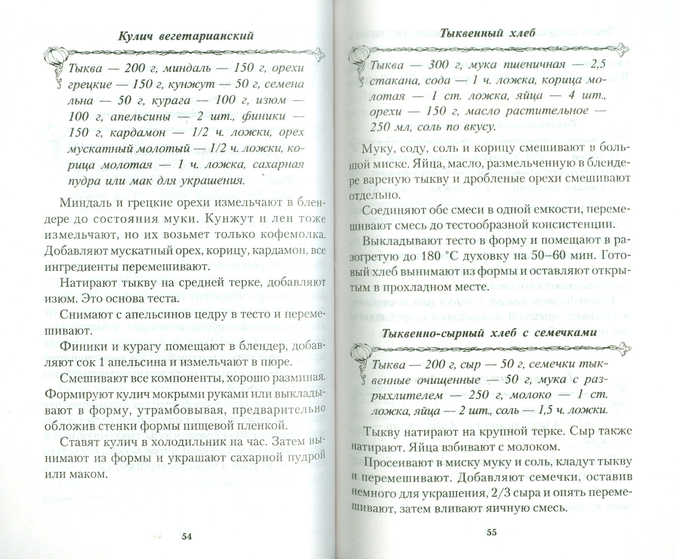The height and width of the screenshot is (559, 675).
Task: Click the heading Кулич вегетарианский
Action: (186, 36)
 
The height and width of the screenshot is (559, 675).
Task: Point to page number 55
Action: (492, 532)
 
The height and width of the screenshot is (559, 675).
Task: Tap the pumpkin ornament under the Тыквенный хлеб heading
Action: (358, 56)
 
